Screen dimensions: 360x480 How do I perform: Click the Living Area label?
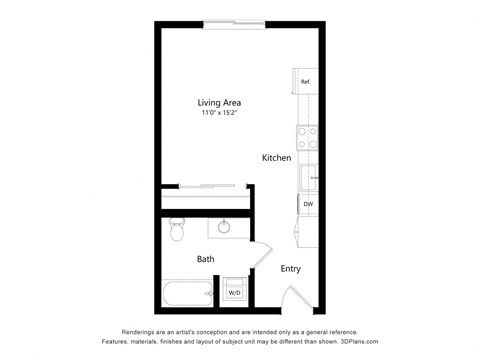pos(218,102)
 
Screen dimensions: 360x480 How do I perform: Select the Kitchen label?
pos(276,158)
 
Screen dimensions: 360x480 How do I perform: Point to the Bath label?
pos(205,259)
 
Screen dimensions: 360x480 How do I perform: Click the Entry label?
pos(290,268)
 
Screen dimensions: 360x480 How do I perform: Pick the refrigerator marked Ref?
pos(305,81)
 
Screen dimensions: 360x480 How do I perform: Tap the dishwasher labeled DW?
pos(307,204)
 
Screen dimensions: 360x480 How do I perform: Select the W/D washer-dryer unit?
pos(234,292)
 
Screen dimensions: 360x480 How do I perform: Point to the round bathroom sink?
pos(224,227)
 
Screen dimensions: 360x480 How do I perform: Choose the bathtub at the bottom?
pos(188,293)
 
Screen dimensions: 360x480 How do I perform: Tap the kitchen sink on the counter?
pos(308,178)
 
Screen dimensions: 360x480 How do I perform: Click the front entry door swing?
pos(296,295)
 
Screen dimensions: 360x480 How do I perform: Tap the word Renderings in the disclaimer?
pos(142,331)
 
